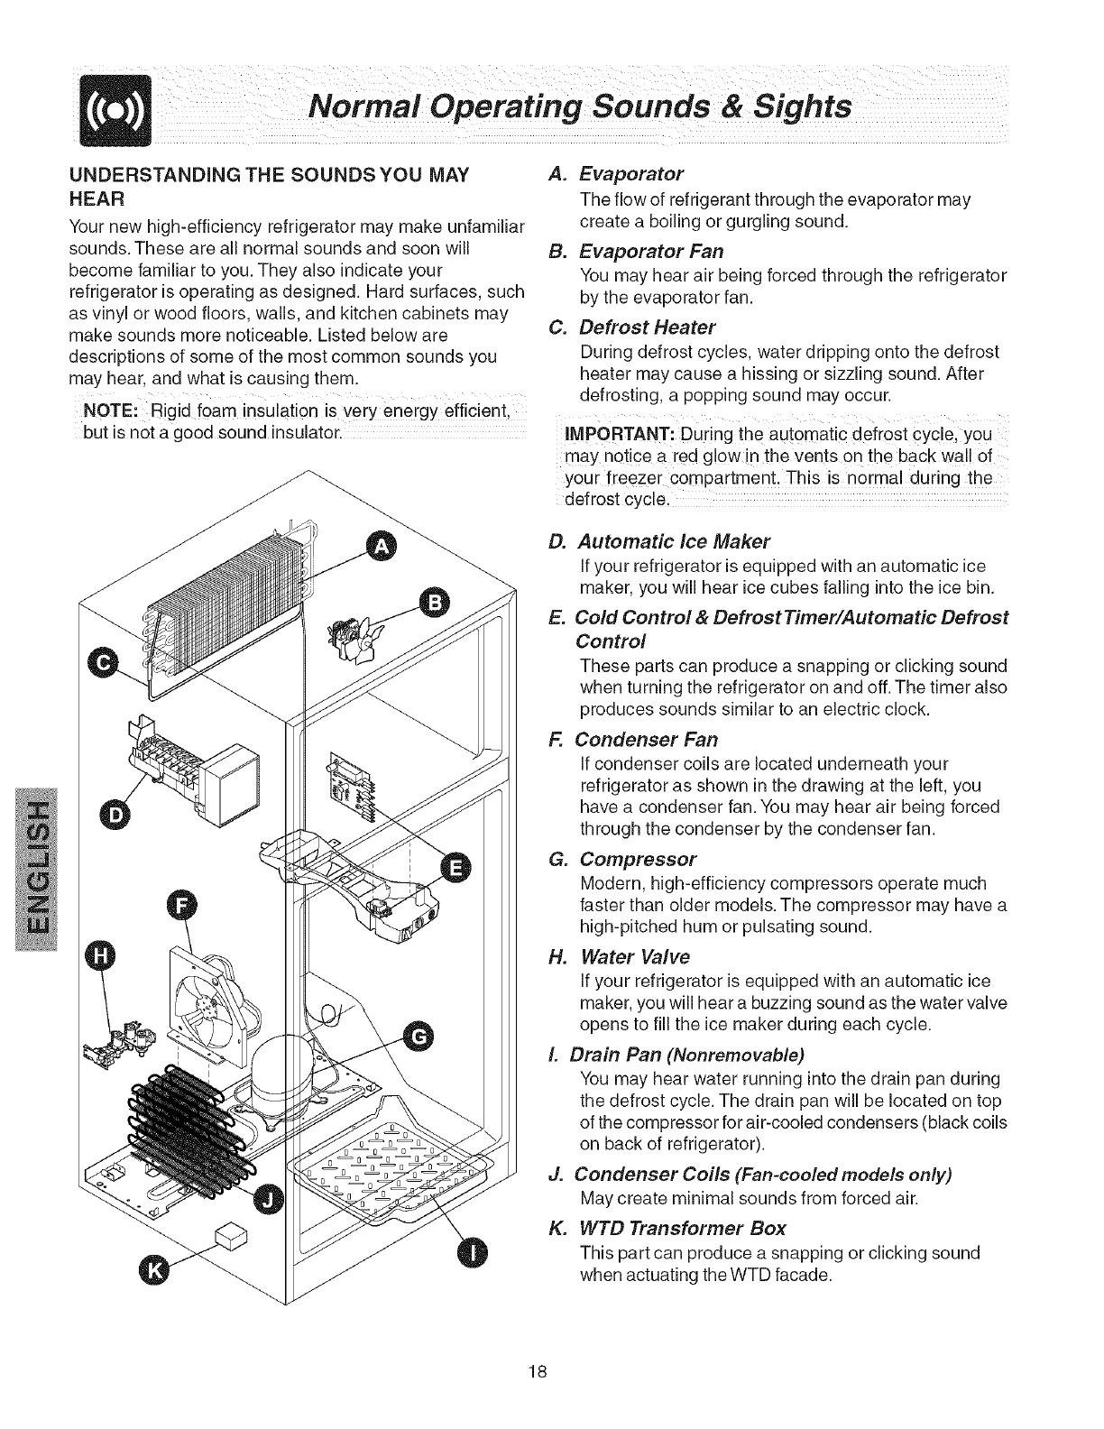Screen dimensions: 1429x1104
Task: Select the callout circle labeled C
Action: pos(102,664)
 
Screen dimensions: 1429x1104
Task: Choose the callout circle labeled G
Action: pos(416,1038)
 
